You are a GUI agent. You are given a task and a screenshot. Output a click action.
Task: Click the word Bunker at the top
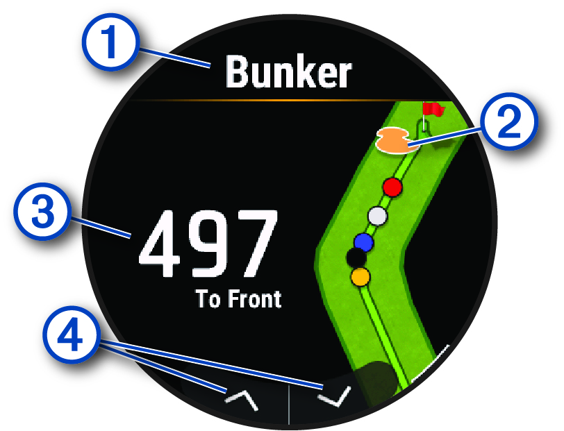coord(289,72)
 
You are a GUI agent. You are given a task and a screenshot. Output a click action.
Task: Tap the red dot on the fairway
coord(393,187)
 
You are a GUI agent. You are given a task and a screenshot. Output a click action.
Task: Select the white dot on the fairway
coord(377,216)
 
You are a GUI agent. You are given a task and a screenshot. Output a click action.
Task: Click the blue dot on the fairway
coord(363,242)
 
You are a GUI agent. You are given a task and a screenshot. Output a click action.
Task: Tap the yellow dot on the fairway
coord(360,278)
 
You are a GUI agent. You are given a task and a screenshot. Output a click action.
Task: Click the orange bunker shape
coord(392,140)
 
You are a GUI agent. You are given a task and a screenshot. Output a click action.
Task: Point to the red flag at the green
coord(433,109)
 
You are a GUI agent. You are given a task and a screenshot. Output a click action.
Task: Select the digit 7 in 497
coord(254,242)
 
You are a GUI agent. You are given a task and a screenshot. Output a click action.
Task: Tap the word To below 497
coord(206,300)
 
